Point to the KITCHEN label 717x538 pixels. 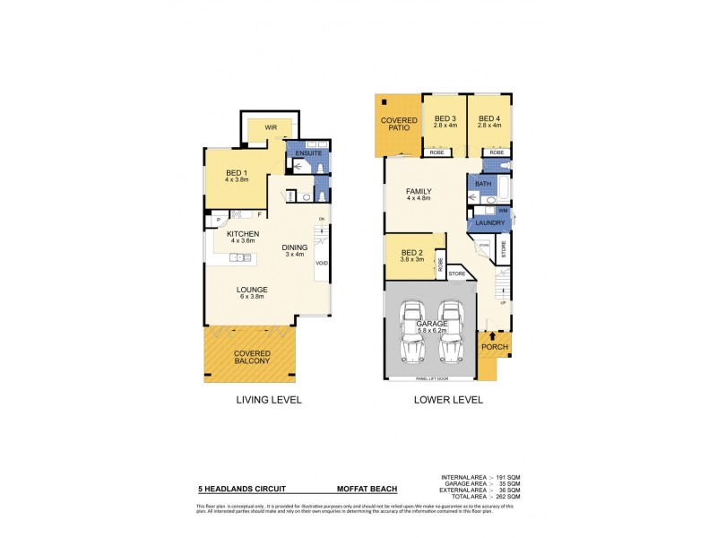tap(230, 235)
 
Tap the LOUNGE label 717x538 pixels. tap(253, 291)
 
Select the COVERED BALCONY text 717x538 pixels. tap(251, 357)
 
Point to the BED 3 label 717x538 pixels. tap(445, 119)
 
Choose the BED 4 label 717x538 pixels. tap(488, 119)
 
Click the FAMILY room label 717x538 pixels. tap(419, 192)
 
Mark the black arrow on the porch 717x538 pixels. tap(492, 335)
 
